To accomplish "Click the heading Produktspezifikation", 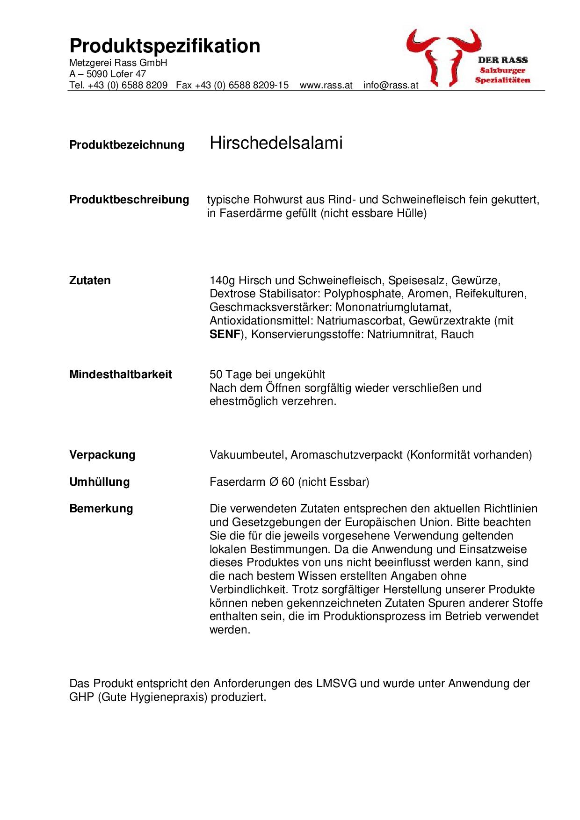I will coord(165,46).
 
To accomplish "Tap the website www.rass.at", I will coord(326,86).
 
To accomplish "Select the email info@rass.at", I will coord(391,86).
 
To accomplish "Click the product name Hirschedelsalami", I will coord(276,143).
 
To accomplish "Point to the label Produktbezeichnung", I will coord(127,145).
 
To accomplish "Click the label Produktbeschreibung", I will coord(129,200).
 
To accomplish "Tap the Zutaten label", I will coord(90,281).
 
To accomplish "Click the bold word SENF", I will coord(225,334).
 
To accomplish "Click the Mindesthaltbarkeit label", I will coord(120,374).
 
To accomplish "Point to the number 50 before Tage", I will coord(216,374).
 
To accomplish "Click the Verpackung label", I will coord(102,455).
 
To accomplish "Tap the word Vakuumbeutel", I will coord(247,455).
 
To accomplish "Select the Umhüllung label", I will coord(99,482).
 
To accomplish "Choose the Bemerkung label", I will coord(101,509).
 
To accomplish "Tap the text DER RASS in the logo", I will coord(502,60).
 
